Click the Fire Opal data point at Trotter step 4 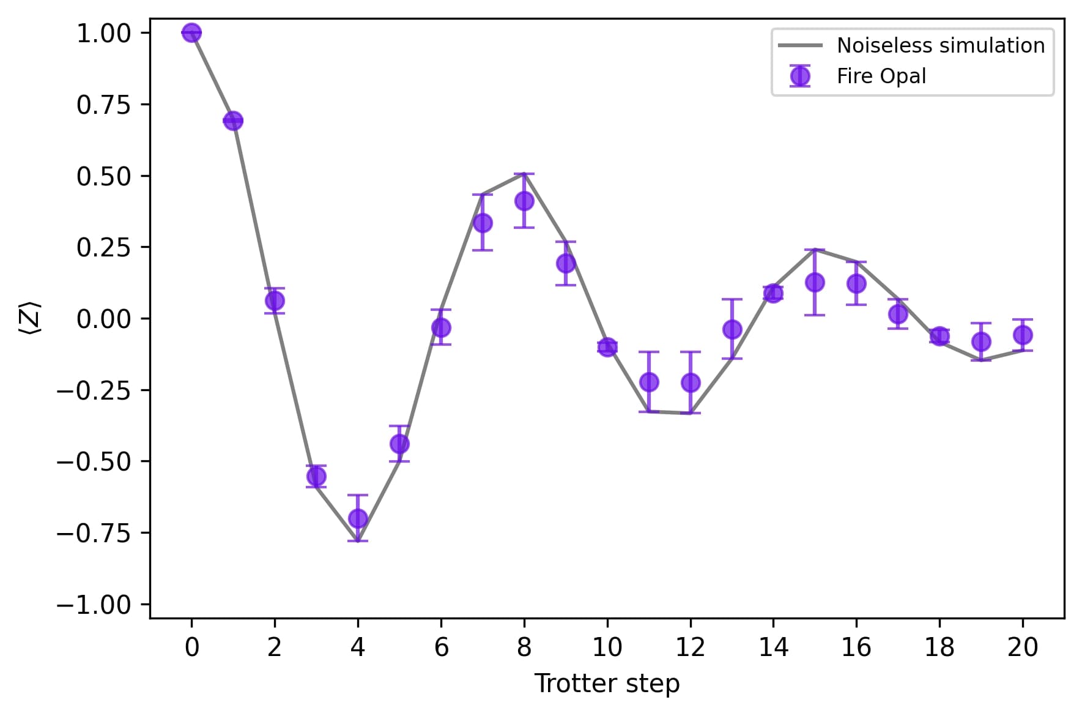pyautogui.click(x=358, y=519)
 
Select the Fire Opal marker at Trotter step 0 pyautogui.click(x=191, y=32)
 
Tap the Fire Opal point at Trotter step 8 pyautogui.click(x=524, y=201)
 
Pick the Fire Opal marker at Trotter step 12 pyautogui.click(x=691, y=382)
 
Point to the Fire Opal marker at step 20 pyautogui.click(x=1023, y=335)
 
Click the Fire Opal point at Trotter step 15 pyautogui.click(x=815, y=282)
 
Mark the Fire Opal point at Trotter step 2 pyautogui.click(x=275, y=300)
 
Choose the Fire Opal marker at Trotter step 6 pyautogui.click(x=441, y=328)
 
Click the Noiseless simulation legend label pyautogui.click(x=941, y=45)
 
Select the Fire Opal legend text pyautogui.click(x=881, y=76)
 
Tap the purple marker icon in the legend pyautogui.click(x=800, y=76)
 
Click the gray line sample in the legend pyautogui.click(x=800, y=46)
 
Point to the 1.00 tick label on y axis pyautogui.click(x=104, y=33)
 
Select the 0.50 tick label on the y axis pyautogui.click(x=104, y=176)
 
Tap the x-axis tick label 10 pyautogui.click(x=607, y=647)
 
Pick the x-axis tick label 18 pyautogui.click(x=939, y=647)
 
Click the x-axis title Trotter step pyautogui.click(x=607, y=684)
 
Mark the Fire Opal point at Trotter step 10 pyautogui.click(x=607, y=347)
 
